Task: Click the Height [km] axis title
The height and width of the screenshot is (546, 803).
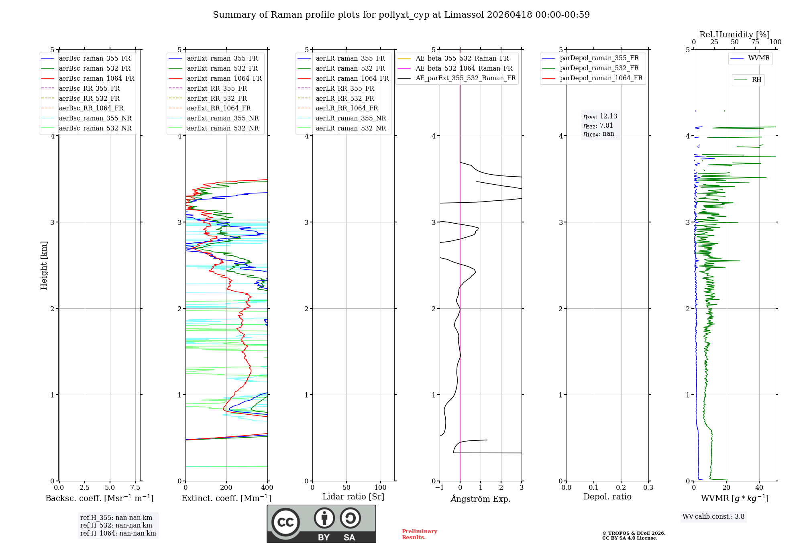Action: [x=44, y=265]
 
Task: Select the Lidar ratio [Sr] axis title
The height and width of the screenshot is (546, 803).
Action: [x=353, y=497]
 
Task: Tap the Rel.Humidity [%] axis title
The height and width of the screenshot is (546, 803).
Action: [x=734, y=35]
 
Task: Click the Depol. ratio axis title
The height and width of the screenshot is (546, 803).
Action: [x=607, y=497]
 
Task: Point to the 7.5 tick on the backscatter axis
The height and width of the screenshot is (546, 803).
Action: [x=135, y=488]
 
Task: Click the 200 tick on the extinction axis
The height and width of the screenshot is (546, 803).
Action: [x=226, y=488]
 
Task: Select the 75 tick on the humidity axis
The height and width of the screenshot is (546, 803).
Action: [x=755, y=42]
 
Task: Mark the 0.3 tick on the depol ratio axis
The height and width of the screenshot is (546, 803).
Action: [x=648, y=488]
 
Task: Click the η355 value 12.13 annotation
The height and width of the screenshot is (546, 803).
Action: [x=600, y=116]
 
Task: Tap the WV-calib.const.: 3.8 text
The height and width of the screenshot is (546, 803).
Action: [x=713, y=517]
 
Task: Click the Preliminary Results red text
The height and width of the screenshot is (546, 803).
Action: [x=419, y=534]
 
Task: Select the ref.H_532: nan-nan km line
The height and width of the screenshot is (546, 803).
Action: [x=116, y=526]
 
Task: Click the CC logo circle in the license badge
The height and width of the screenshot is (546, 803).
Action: [x=285, y=522]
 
